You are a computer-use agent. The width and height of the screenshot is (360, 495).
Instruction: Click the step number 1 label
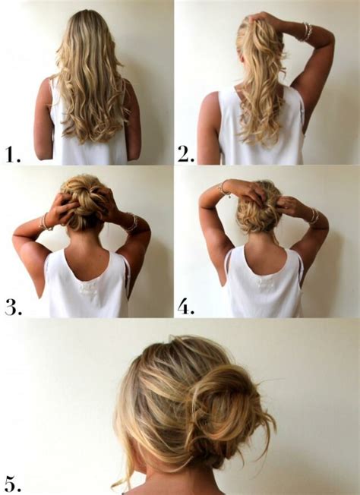[x=13, y=155]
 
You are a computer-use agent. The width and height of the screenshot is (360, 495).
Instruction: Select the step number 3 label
[x=13, y=308]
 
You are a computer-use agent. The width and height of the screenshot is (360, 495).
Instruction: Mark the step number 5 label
[x=13, y=482]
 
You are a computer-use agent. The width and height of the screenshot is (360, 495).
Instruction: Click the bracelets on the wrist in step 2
[x=307, y=31]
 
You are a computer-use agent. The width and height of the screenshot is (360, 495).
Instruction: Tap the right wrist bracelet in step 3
[x=131, y=222]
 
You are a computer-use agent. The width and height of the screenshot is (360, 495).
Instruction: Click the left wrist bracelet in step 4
[x=224, y=187]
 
